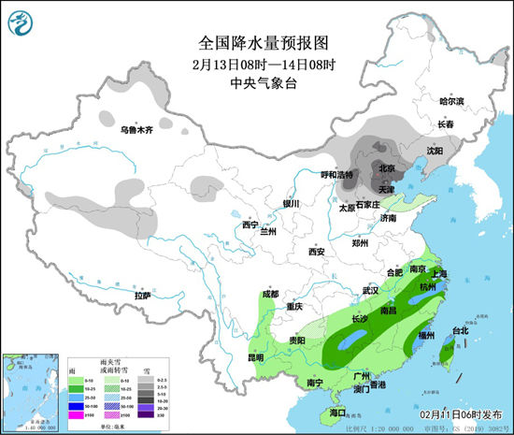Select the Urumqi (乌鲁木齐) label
click(140, 123)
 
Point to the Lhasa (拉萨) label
click(142, 295)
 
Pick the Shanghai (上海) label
click(438, 273)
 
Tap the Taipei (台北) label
click(460, 331)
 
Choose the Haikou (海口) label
click(337, 413)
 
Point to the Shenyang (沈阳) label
click(435, 150)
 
